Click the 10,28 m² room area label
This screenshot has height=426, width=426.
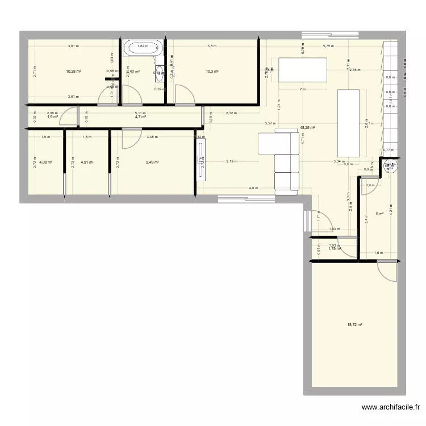[73, 72]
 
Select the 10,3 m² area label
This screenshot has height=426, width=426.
[212, 72]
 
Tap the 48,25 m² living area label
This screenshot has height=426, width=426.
[308, 128]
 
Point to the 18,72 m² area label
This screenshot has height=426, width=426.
[354, 325]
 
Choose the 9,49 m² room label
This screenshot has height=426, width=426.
[152, 162]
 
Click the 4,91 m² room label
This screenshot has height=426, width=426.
[86, 162]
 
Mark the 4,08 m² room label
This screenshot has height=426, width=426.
[45, 162]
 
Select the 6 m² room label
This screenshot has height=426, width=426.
[379, 214]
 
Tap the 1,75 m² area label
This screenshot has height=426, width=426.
[335, 249]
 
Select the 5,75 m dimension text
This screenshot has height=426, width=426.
[328, 46]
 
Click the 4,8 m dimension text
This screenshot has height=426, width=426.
[253, 187]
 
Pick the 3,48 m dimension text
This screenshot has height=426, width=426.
[153, 137]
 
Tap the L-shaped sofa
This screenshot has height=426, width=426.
[281, 159]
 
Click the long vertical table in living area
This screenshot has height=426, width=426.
[349, 123]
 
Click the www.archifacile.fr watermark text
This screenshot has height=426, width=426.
[392, 407]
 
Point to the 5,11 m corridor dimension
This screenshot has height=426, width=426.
[140, 113]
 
